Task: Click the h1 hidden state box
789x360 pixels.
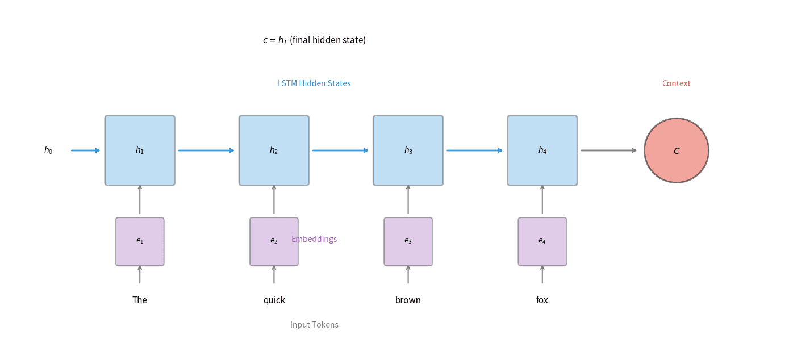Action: pos(140,150)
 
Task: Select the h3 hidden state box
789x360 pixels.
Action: pos(408,150)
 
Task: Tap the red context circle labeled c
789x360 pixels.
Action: pos(676,150)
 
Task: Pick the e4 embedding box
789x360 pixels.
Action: pos(542,241)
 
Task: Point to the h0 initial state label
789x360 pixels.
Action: pos(48,150)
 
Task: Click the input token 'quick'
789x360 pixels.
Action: pos(274,300)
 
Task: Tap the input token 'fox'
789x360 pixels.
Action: pos(542,300)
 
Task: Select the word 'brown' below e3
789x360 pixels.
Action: pos(408,300)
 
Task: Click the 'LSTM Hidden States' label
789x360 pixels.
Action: pos(314,83)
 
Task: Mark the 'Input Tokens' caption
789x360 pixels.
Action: pos(314,325)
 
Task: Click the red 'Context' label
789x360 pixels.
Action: pos(676,83)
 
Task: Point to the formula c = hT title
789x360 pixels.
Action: pos(314,40)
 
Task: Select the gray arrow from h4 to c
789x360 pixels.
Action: pos(608,150)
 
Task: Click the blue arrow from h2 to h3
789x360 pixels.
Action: pos(340,150)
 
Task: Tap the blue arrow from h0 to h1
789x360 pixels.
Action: pos(85,150)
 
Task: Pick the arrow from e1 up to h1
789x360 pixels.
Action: pos(140,200)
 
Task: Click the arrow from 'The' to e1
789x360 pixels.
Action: pos(140,275)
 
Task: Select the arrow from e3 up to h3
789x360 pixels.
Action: pos(408,200)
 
